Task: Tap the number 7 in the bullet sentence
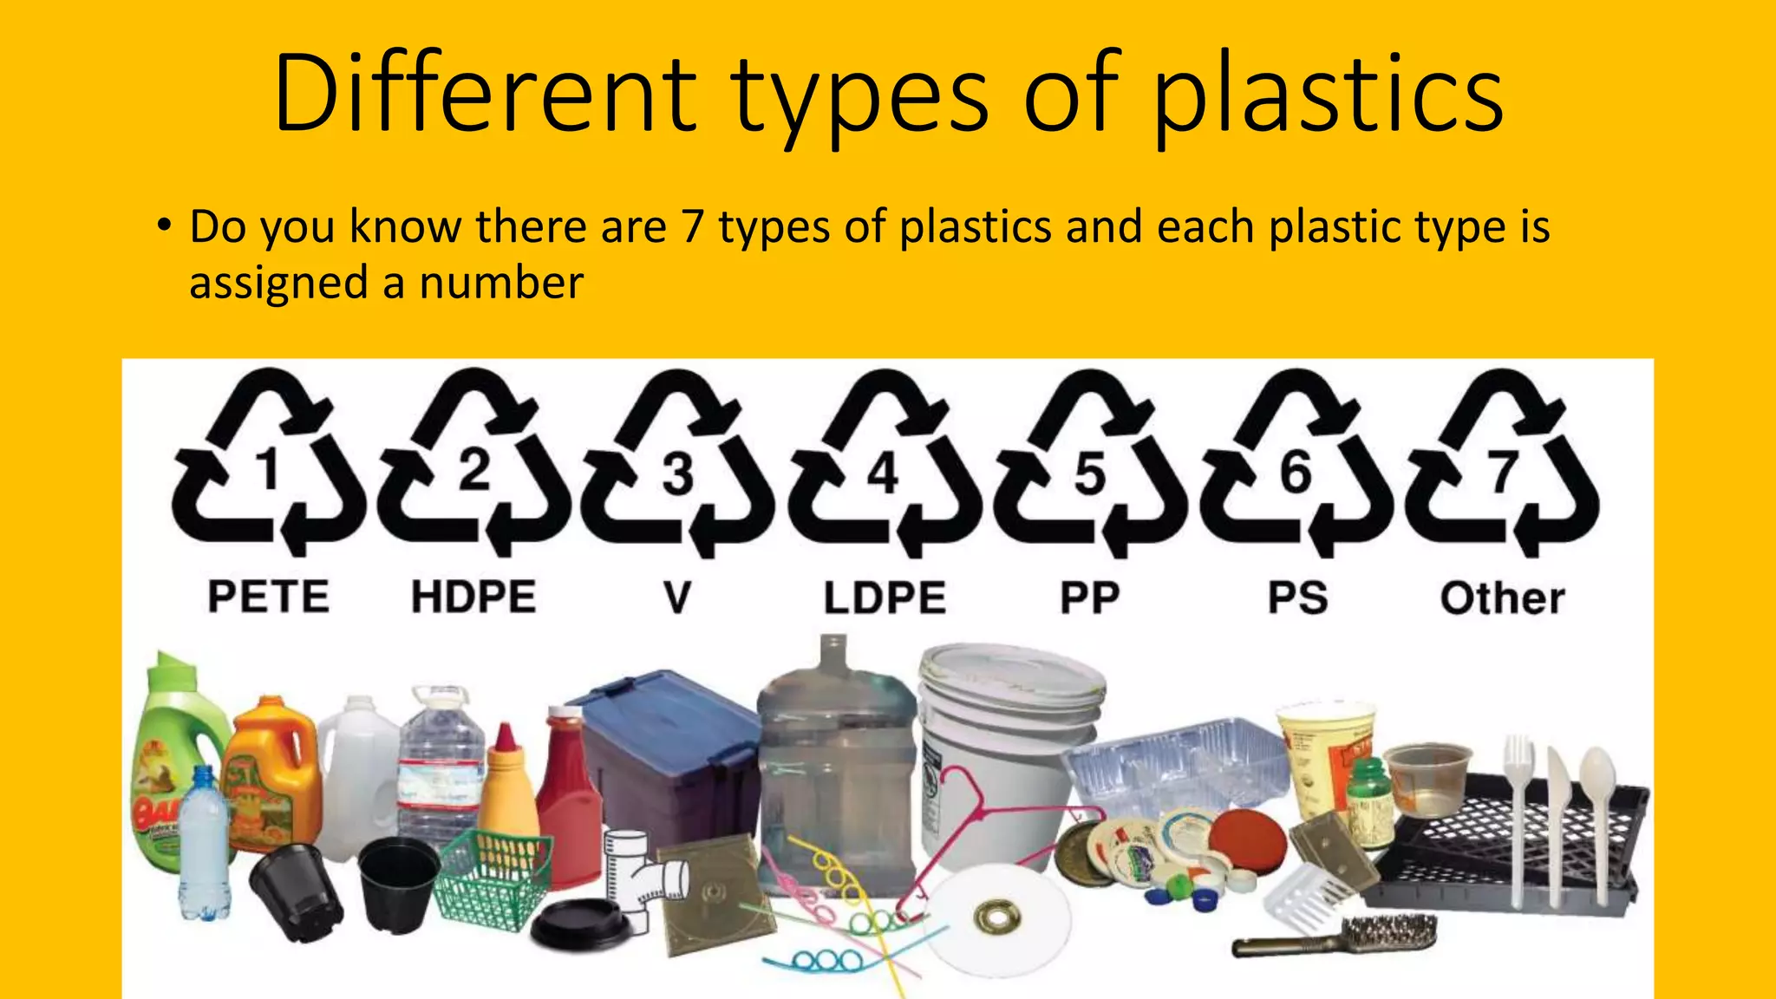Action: pyautogui.click(x=691, y=227)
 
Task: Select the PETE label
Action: pyautogui.click(x=269, y=597)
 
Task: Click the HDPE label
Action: pyautogui.click(x=473, y=597)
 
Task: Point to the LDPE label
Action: pyautogui.click(x=885, y=598)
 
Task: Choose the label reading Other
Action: pyautogui.click(x=1503, y=598)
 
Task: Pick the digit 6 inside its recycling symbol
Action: pyautogui.click(x=1296, y=473)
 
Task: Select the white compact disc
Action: pyautogui.click(x=997, y=915)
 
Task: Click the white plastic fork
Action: pyautogui.click(x=1518, y=806)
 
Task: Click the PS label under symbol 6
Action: pyautogui.click(x=1297, y=598)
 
